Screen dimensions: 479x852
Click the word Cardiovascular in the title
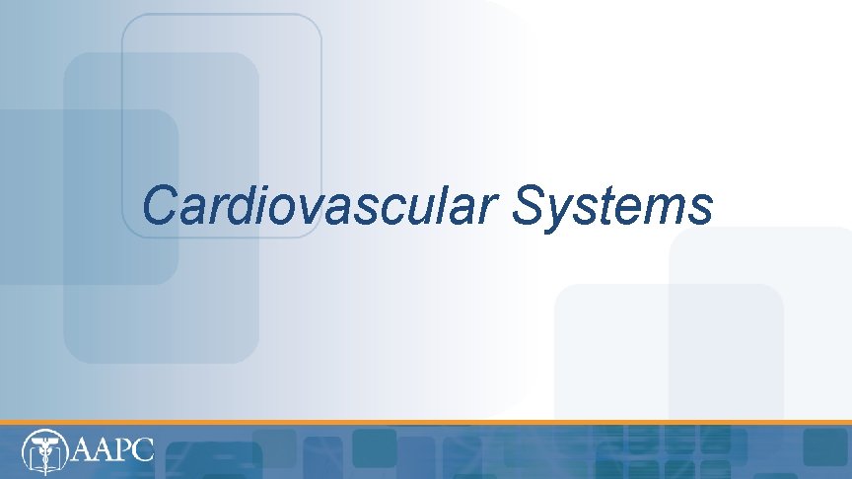(x=321, y=206)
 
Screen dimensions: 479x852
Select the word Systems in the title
(x=612, y=206)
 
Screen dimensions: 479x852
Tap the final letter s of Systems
(x=700, y=209)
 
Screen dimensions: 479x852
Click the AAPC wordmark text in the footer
(x=113, y=450)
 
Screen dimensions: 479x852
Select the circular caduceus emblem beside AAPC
(x=44, y=450)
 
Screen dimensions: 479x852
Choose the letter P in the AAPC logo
(x=122, y=450)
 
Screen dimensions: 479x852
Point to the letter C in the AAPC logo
(x=143, y=450)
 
